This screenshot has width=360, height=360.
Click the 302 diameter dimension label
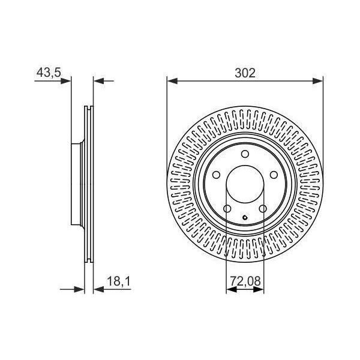(245, 73)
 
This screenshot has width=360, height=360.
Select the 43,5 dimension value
(49, 73)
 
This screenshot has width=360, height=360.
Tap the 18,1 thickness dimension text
(119, 281)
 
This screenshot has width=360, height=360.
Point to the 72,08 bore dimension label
(245, 281)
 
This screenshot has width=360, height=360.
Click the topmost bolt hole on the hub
(245, 154)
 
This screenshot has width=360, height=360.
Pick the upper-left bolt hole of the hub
(216, 175)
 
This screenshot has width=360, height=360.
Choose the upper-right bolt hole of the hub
(274, 175)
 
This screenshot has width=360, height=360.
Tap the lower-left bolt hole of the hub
(227, 209)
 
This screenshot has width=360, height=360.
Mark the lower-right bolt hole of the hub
(263, 209)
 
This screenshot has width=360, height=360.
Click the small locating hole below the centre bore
(245, 217)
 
